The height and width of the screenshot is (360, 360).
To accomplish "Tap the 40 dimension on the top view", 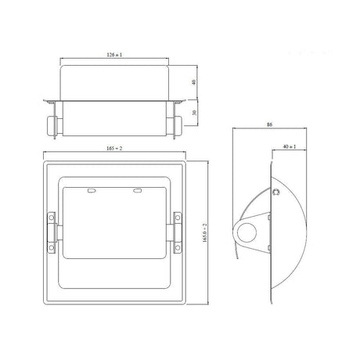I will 195,81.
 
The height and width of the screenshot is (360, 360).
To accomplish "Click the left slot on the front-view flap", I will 92,191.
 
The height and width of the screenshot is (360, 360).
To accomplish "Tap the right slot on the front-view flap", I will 138,191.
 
